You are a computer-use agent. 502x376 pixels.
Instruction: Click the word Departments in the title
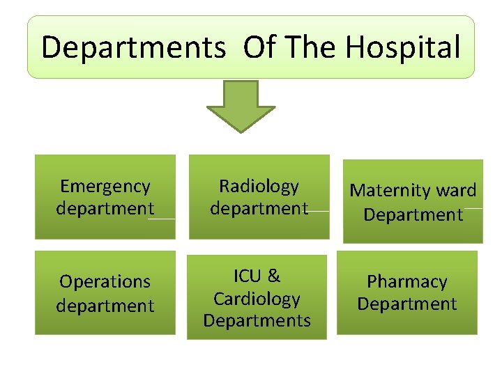pos(133,48)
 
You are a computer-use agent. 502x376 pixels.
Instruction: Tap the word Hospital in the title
pos(402,48)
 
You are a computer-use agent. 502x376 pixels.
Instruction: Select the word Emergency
pos(105,186)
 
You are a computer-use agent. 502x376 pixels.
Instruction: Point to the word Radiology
pos(259,186)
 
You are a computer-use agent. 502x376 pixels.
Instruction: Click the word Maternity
pos(389,190)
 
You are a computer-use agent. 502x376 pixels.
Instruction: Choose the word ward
pos(455,190)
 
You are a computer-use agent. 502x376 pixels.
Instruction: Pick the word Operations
pos(105,281)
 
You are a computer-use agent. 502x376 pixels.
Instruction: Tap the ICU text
pos(246,276)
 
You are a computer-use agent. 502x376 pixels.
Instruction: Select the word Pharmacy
pos(407,281)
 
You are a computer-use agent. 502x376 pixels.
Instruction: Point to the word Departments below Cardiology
pos(257,320)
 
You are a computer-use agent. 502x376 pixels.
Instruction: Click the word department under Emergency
pos(105,208)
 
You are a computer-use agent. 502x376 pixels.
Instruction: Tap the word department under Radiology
pos(259,208)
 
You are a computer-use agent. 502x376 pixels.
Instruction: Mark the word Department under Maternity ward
pos(413,214)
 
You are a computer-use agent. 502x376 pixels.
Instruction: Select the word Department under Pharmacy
pos(407,304)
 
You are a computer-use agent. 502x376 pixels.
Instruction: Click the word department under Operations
pos(105,305)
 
